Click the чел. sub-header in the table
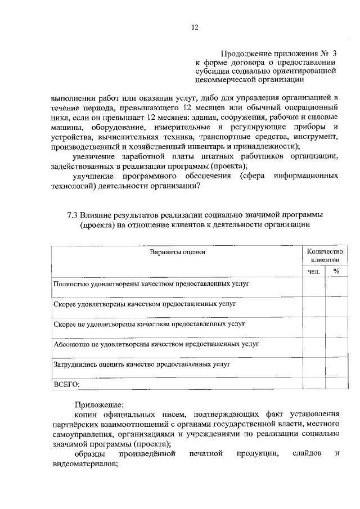tap(313, 271)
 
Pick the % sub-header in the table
tap(336, 271)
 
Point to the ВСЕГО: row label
tap(66, 384)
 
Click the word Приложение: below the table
tap(97, 404)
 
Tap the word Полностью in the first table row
tap(71, 284)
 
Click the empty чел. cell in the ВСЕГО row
tap(313, 384)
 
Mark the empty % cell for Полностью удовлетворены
tap(336, 287)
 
